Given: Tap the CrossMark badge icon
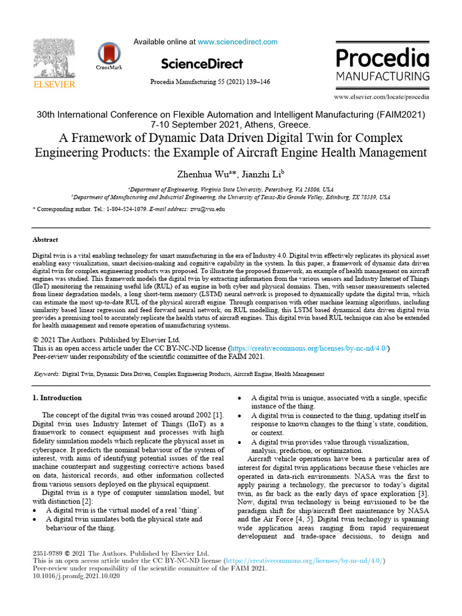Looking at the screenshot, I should [x=109, y=54].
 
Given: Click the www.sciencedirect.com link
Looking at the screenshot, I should [x=238, y=42].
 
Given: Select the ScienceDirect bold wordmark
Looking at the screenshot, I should [x=202, y=64].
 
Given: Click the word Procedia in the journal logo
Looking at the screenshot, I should [x=382, y=58].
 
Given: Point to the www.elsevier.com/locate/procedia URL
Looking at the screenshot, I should [x=381, y=96].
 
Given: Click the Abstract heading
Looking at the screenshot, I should [x=45, y=239].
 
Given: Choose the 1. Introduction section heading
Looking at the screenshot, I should [x=57, y=398].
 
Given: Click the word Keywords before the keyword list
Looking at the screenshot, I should [x=46, y=374].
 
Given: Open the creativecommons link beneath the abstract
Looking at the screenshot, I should [x=309, y=348].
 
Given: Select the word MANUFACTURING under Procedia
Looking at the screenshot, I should [x=382, y=76].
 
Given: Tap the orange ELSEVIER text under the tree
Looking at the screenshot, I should [x=54, y=84].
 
